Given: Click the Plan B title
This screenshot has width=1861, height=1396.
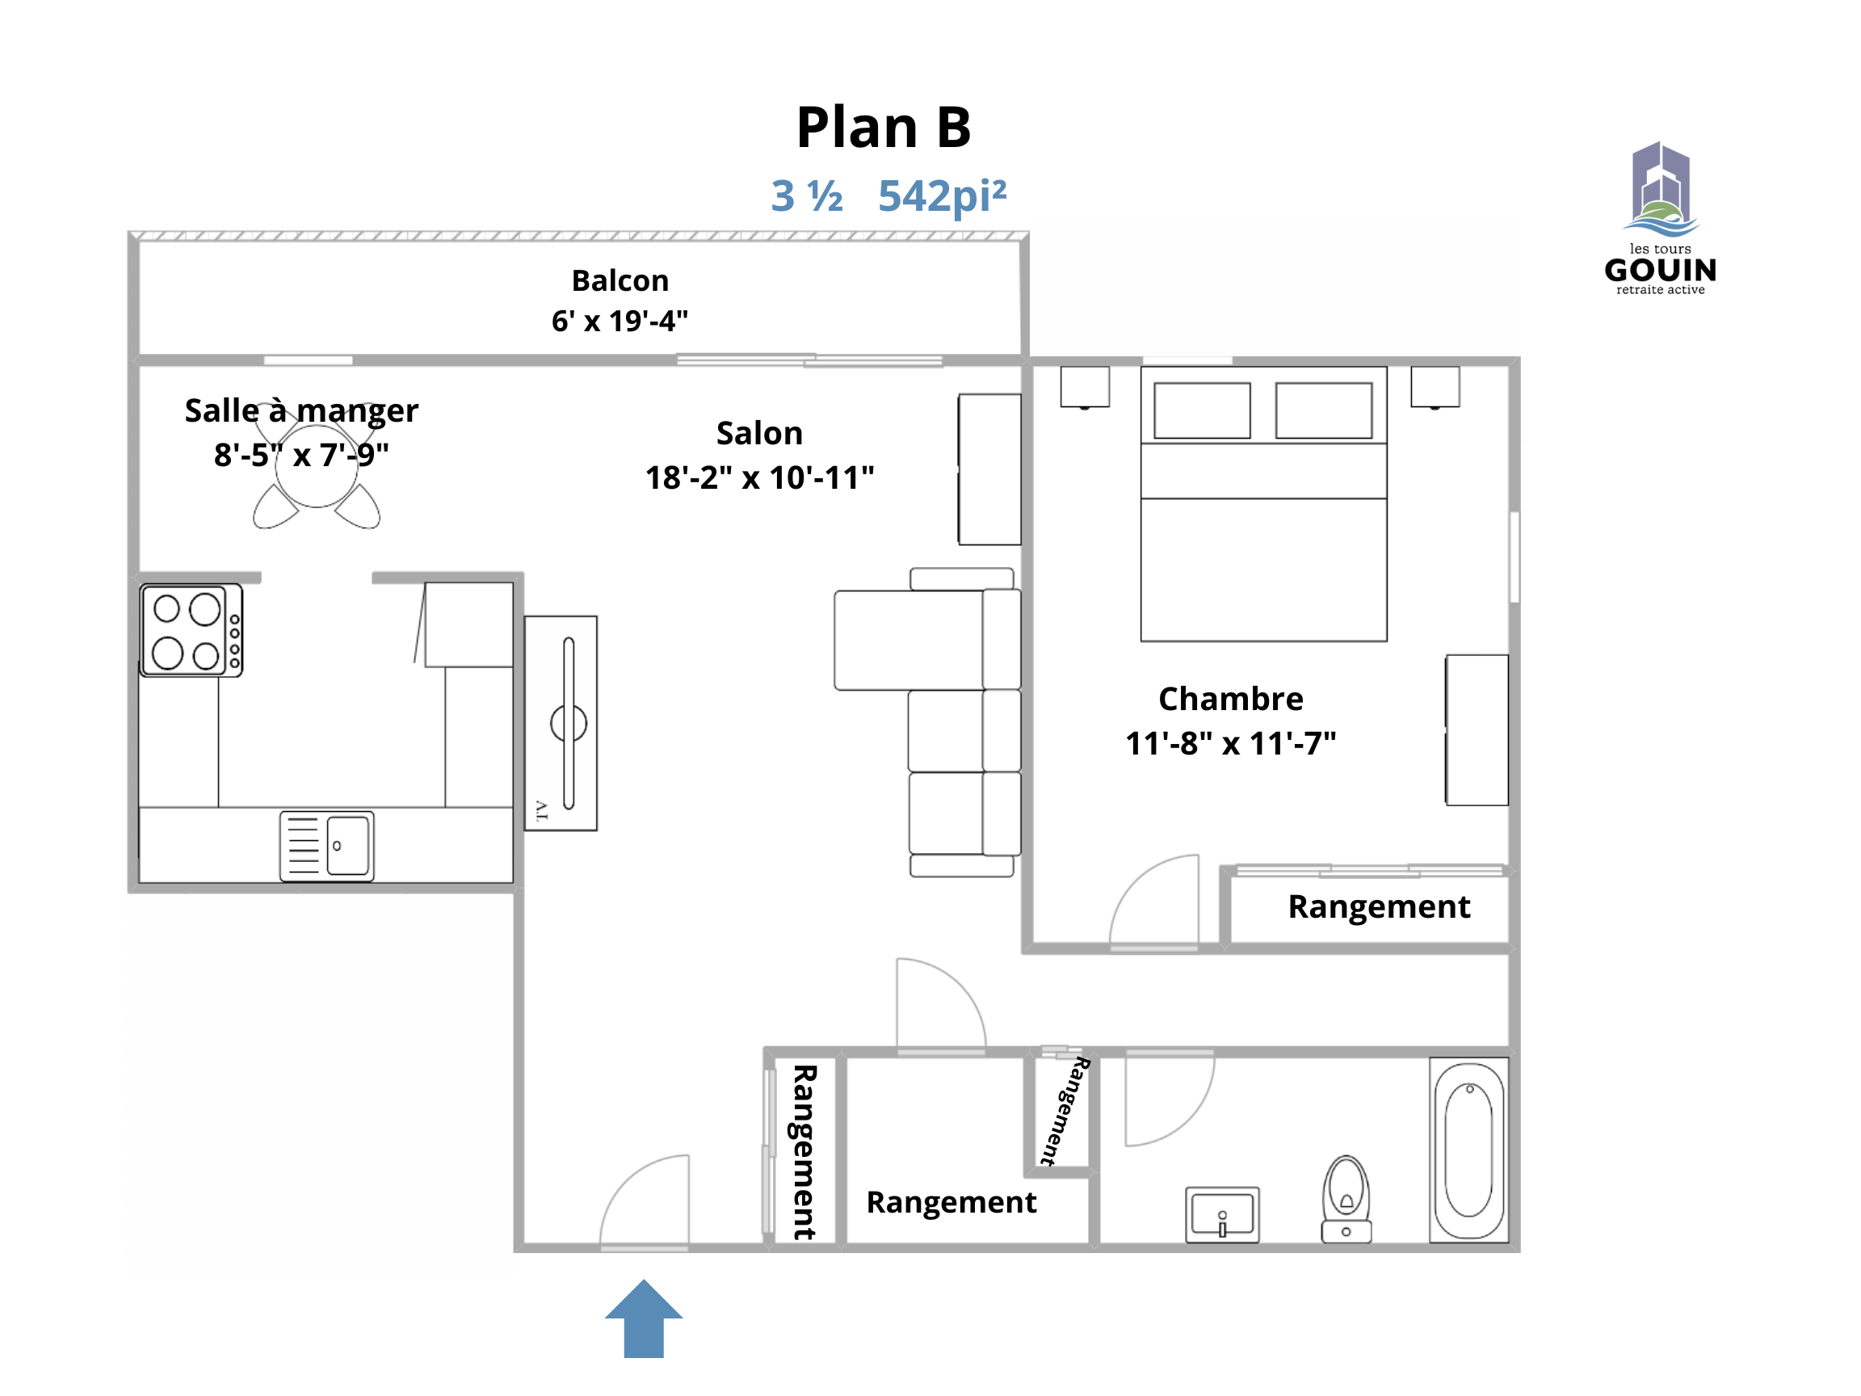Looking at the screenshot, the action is coord(884,127).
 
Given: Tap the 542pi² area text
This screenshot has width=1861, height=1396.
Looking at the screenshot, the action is coord(943,196).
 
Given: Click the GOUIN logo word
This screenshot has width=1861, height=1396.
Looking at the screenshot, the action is coord(1660,270).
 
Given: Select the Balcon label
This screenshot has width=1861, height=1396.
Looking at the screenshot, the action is coord(620,280).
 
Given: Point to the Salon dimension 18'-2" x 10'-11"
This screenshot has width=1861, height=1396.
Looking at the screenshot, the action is coord(760,477).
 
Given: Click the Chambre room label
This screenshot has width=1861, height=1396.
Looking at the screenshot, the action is coord(1231,699).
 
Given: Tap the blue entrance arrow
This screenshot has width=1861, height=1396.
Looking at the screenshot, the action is coord(644,1318).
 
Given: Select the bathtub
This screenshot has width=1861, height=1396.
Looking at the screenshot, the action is coord(1469,1150).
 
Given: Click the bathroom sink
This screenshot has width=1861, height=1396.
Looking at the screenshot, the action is coord(1222,1215).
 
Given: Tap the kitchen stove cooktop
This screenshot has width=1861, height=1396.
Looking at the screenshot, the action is coord(191,630).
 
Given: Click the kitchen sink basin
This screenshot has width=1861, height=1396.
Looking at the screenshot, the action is coord(348,846).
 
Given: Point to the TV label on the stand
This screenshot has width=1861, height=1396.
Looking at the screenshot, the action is coord(541,810).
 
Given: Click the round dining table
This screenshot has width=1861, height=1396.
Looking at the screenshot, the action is coord(317,467).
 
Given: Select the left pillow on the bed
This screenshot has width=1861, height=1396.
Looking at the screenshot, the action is coord(1202,410).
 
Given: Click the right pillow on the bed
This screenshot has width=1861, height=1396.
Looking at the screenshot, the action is coord(1324,410).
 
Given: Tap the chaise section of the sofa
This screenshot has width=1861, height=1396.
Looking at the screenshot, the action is coord(909,641).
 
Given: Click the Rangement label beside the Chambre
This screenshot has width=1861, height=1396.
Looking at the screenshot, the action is coord(1379,906).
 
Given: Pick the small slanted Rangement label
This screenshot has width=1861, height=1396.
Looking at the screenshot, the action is coord(1065,1111).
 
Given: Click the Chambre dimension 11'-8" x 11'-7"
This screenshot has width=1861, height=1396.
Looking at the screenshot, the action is coord(1231,743).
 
